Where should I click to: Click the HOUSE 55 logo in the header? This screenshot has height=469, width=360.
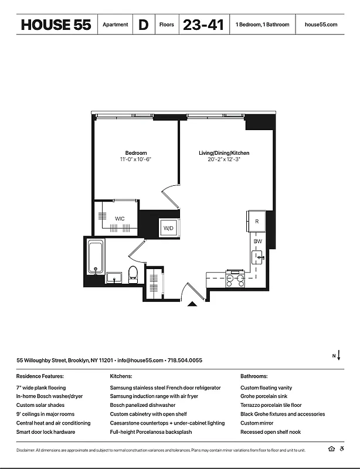[x=56, y=25]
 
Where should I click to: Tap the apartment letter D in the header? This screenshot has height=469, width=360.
[x=143, y=25]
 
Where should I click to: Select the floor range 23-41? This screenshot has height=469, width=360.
[x=203, y=25]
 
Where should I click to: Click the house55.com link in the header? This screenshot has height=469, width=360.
[x=321, y=25]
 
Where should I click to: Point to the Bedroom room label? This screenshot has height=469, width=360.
[x=135, y=153]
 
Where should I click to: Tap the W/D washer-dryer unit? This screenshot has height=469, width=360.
[x=168, y=227]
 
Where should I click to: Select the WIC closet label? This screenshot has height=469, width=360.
[x=120, y=219]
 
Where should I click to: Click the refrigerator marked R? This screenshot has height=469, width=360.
[x=257, y=221]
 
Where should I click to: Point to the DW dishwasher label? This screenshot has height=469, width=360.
[x=257, y=241]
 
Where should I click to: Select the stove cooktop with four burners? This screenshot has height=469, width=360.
[x=235, y=280]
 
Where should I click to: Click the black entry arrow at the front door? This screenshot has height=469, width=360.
[x=192, y=304]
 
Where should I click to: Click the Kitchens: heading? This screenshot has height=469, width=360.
[x=121, y=376]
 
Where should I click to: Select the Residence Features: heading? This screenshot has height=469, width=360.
[x=40, y=376]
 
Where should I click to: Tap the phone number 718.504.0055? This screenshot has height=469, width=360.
[x=185, y=360]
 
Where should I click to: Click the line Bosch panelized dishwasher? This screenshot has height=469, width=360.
[x=142, y=405]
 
